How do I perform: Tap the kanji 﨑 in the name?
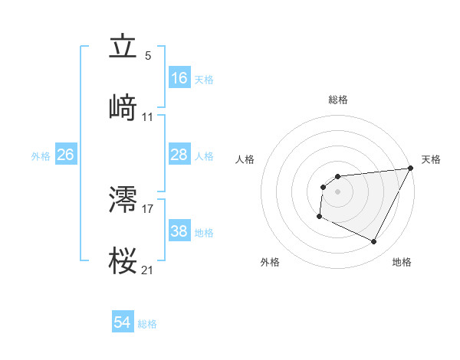123,108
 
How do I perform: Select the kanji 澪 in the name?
123,200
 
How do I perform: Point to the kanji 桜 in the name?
123,261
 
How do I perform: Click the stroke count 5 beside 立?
148,56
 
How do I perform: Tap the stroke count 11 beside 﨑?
148,117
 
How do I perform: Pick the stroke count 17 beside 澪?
148,208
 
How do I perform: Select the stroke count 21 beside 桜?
148,270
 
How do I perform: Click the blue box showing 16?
179,78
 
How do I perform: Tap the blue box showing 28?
179,155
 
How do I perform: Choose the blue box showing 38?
179,231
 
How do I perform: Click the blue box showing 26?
65,155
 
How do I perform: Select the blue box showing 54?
123,323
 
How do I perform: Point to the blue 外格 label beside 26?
41,155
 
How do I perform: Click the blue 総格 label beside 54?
147,324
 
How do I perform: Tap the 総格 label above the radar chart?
338,100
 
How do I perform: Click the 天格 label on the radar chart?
432,159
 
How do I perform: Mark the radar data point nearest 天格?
412,169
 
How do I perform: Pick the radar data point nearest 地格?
374,242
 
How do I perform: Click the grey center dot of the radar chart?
338,191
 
